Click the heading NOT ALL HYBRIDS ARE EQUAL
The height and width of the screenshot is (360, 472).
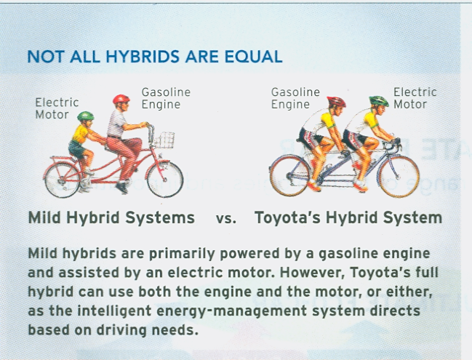(154, 57)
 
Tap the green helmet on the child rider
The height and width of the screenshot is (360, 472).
(86, 116)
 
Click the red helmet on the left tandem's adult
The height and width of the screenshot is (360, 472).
(121, 100)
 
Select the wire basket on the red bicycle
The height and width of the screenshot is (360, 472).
(163, 139)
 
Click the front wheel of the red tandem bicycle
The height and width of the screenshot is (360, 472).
(165, 179)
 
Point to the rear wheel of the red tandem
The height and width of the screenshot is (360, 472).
(62, 179)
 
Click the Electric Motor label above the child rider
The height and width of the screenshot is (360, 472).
(57, 109)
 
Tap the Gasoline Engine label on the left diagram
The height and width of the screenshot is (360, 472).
(166, 98)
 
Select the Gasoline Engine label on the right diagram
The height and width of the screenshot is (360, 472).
(295, 98)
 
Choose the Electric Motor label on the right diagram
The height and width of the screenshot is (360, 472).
(415, 98)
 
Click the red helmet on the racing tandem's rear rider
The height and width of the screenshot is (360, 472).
(336, 102)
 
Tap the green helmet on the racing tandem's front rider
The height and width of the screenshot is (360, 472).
(378, 100)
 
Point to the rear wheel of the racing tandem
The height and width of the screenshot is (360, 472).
(290, 175)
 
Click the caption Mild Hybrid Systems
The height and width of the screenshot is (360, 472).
(111, 217)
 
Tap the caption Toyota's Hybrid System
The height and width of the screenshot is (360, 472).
(348, 217)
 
